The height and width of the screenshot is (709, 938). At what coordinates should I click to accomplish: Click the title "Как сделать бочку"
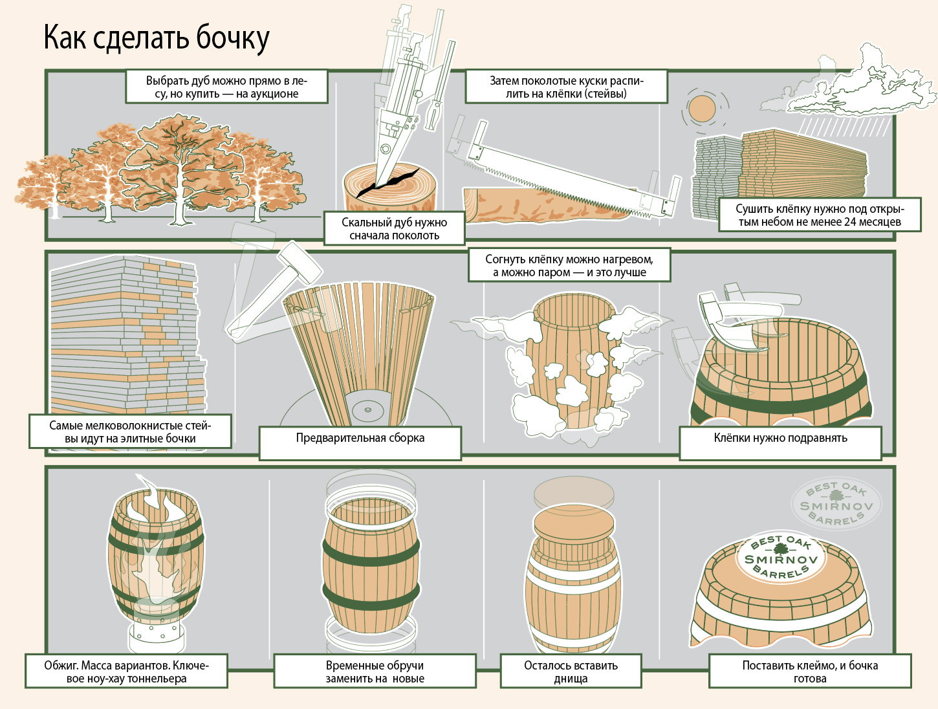tap(157, 38)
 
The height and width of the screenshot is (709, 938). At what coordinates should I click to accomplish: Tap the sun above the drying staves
tap(701, 109)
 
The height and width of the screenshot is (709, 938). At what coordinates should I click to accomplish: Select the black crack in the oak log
tap(387, 182)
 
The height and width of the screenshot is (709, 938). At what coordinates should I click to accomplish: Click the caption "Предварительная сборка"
tap(360, 438)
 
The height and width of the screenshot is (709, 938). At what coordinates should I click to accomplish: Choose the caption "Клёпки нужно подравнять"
tap(780, 438)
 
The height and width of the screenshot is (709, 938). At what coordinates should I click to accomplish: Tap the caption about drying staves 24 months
tap(820, 215)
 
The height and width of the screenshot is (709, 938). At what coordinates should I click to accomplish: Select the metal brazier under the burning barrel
tap(157, 635)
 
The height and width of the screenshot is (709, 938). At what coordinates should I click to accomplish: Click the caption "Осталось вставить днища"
tap(571, 671)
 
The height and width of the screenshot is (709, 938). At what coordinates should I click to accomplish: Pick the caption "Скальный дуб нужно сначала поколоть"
tap(394, 228)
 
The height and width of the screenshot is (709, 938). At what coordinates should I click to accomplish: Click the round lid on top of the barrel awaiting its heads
tap(574, 523)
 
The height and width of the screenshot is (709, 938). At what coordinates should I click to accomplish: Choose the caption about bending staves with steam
tap(569, 265)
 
